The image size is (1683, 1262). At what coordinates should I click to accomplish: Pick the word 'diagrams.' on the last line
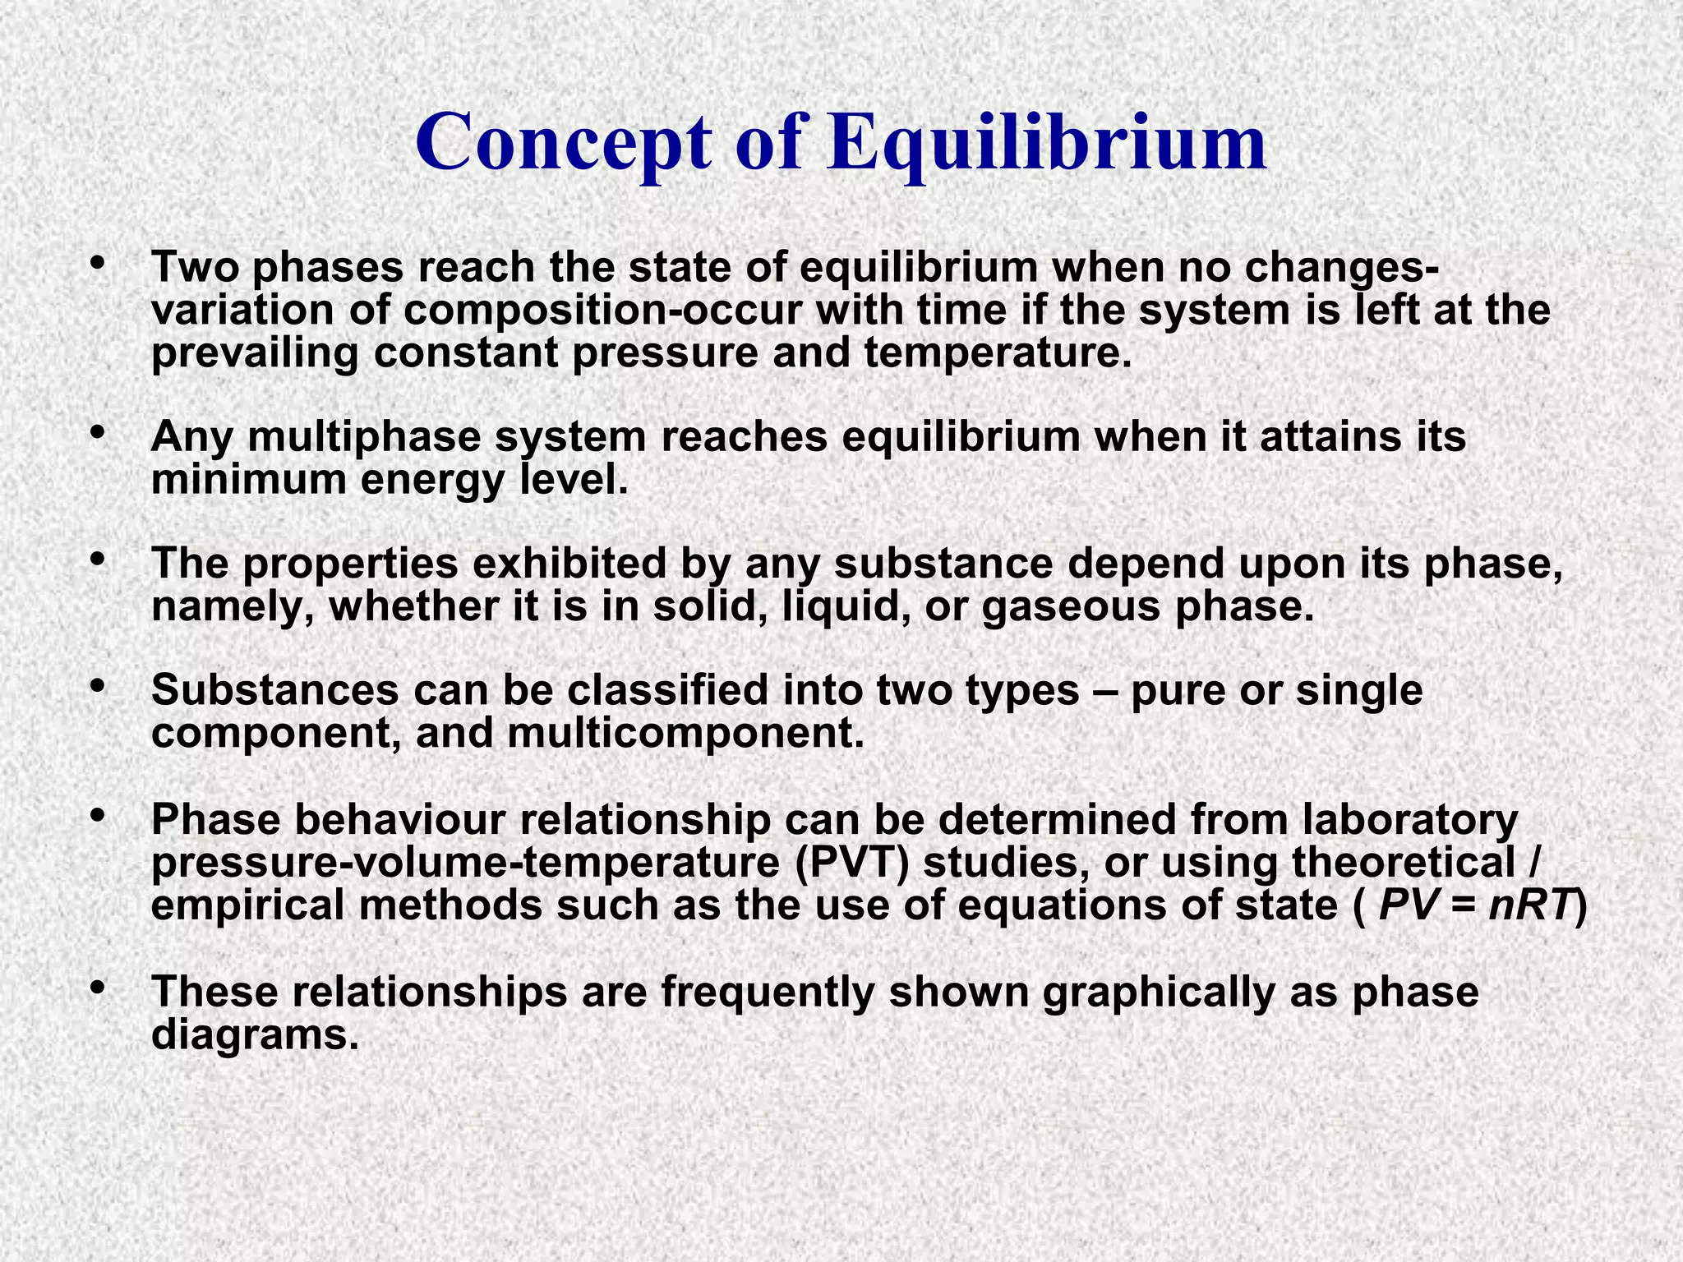(256, 1035)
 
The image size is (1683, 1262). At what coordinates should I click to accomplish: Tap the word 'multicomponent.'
(685, 733)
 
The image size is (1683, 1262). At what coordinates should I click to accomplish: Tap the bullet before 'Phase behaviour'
(98, 815)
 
